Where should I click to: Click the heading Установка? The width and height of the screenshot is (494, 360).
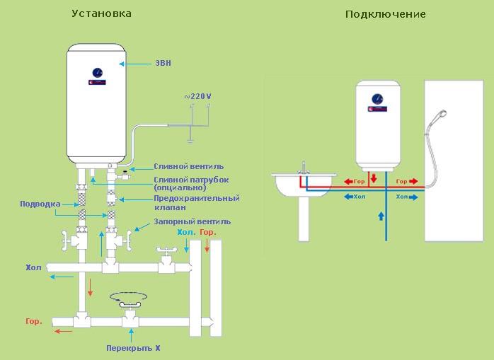[101, 13]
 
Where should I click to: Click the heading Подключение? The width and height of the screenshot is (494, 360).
[385, 14]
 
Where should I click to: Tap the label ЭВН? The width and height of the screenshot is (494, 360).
[163, 63]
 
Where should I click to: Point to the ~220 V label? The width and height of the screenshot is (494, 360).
[197, 96]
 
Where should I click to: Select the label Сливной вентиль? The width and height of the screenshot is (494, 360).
[189, 166]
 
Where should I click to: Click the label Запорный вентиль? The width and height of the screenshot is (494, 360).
[193, 222]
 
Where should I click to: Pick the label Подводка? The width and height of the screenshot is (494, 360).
[40, 204]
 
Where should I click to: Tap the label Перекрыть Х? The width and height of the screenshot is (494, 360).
[133, 348]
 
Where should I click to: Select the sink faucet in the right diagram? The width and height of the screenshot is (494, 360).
[304, 168]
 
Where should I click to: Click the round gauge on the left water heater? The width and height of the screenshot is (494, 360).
[98, 73]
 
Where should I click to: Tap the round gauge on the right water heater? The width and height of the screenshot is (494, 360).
[377, 99]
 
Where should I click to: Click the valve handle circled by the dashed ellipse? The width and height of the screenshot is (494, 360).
[129, 304]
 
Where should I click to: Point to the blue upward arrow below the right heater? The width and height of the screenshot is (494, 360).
[381, 216]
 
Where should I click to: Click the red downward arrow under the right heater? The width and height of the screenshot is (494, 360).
[374, 178]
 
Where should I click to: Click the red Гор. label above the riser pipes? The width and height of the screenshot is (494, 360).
[208, 233]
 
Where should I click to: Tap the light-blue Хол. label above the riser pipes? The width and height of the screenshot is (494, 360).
[187, 233]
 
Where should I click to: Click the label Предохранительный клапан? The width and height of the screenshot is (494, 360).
[197, 203]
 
